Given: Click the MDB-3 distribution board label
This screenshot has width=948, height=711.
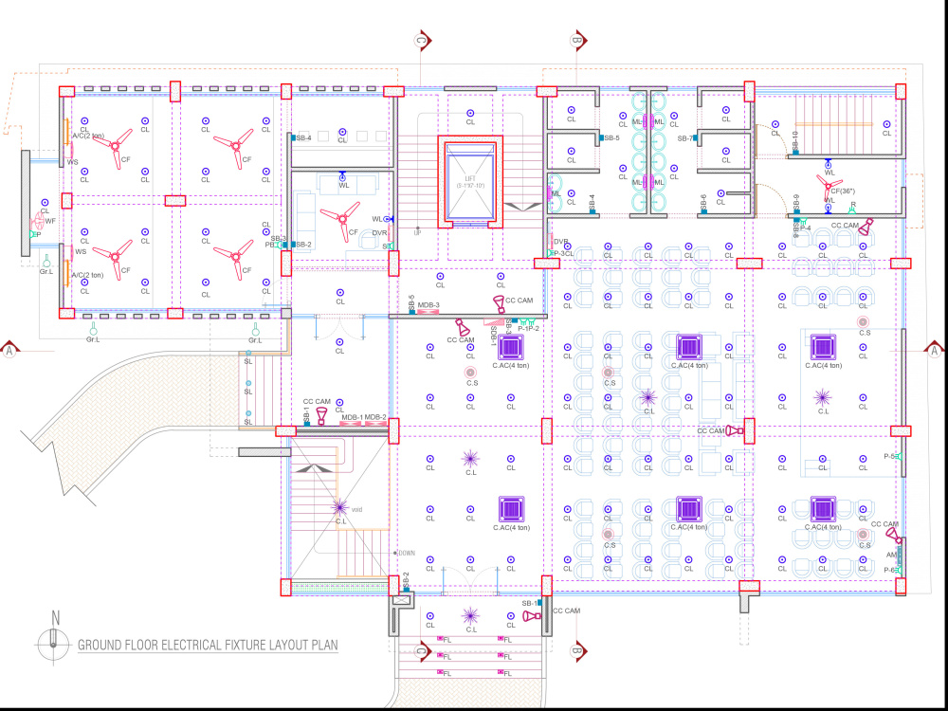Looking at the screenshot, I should coord(428,305).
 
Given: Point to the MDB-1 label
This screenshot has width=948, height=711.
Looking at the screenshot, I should coord(352,417).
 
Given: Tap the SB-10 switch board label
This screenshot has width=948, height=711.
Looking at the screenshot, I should coord(794,142).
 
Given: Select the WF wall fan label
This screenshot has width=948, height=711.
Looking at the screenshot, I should coord(50,221).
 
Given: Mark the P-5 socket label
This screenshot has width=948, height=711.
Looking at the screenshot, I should coord(890,456).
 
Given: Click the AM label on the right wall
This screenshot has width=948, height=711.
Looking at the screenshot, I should coord(891,555).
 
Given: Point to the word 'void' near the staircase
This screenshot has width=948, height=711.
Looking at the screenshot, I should coord(356,509).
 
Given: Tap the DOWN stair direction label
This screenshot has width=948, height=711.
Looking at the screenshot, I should coord(406,553).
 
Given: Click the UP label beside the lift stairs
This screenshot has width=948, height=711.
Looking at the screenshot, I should coord(417,232).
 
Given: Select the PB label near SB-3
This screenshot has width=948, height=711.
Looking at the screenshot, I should coord(270,245).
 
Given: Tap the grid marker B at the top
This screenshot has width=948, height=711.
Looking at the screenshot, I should coord(576,40).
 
